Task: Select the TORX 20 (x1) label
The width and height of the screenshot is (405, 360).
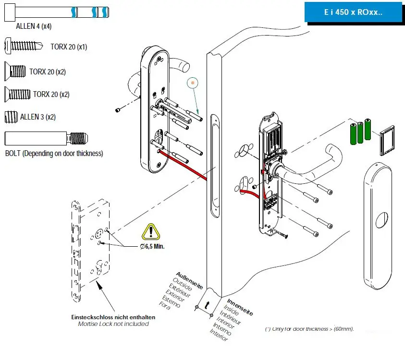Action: coord(69,47)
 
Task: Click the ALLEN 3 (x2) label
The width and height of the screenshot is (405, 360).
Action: coord(38,117)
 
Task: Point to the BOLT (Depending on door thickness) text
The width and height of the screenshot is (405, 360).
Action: coord(54,154)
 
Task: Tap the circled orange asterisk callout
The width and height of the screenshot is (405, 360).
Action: coord(193,83)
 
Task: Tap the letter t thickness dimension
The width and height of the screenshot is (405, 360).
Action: coord(207,305)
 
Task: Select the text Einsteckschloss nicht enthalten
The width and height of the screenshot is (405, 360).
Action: coord(113,317)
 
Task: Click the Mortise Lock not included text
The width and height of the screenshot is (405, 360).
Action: coord(113,324)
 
